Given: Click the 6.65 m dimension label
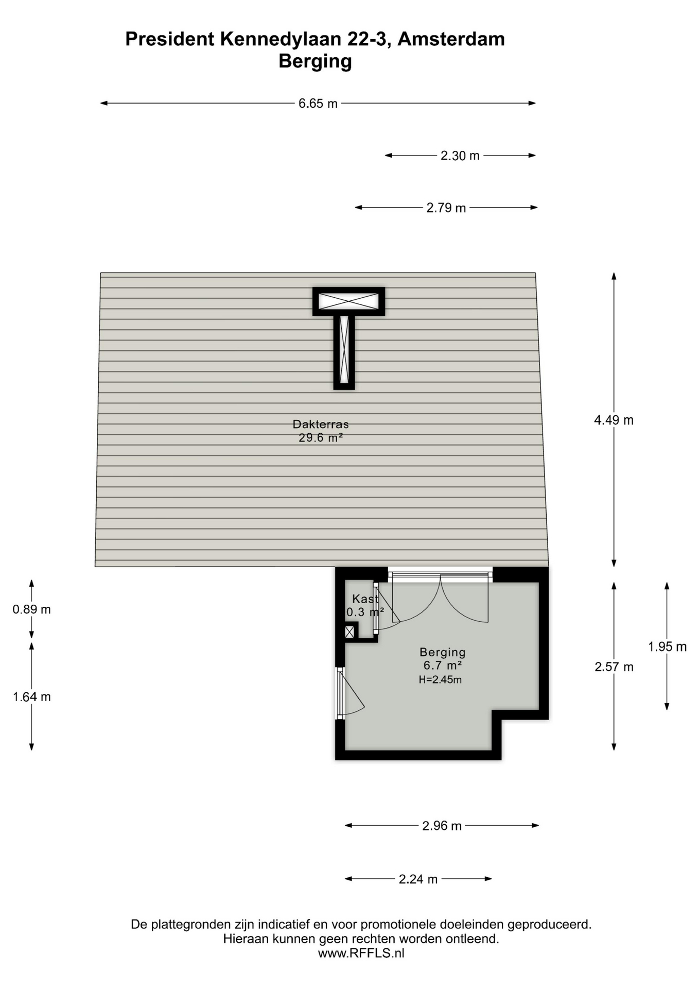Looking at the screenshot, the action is pos(318,104).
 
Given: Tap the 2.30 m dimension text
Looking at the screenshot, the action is pos(460,156).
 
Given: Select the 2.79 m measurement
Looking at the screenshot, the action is pos(446,208).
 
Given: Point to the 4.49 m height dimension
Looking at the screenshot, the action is pos(614,420).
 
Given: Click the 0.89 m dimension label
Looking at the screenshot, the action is pos(31,609).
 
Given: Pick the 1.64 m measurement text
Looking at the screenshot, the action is pos(31,697).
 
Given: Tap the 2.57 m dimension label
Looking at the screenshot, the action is pos(614,667).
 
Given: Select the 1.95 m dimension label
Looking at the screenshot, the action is pos(667,646).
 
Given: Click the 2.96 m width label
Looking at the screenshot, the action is pos(442,826).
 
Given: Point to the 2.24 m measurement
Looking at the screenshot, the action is pos(418,879).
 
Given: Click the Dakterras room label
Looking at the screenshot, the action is pos(321,424).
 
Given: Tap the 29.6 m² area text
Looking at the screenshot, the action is pos(321,438).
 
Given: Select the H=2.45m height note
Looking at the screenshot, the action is pos(440,679).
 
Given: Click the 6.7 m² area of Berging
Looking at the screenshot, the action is pos(443,666).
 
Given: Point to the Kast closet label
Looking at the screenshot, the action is pos(365,599).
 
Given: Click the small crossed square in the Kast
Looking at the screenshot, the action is pos(350,632).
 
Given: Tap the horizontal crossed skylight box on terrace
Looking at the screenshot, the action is pos(348,301).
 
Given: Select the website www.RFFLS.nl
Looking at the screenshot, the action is pos(361,953).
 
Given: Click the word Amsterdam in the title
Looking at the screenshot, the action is pos(451,39).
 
